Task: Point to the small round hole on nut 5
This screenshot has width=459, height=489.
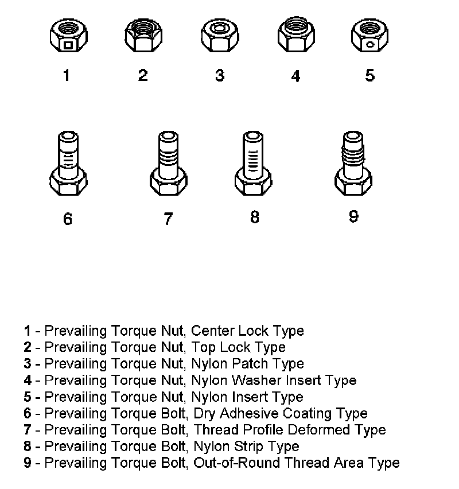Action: pyautogui.click(x=371, y=44)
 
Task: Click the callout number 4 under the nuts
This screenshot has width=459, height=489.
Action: pyautogui.click(x=295, y=76)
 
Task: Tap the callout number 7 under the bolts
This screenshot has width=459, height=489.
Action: pyautogui.click(x=168, y=219)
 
